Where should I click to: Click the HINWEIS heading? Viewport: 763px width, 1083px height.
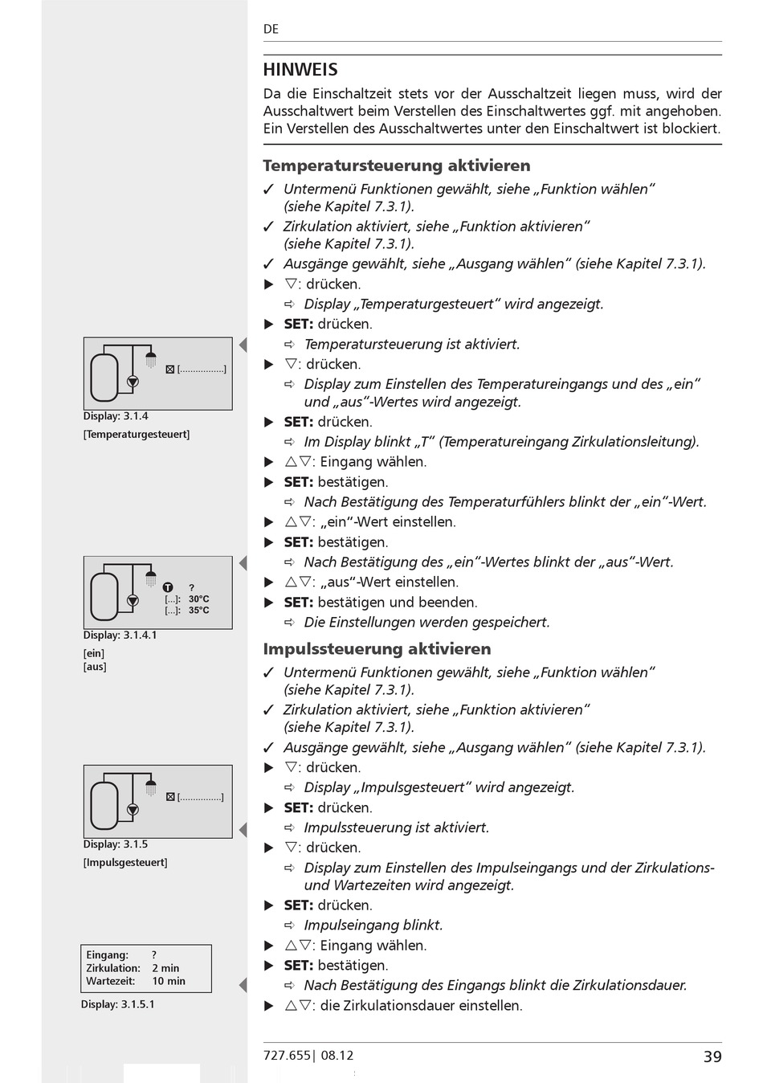tap(300, 70)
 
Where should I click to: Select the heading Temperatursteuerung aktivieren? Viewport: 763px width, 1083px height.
tap(396, 166)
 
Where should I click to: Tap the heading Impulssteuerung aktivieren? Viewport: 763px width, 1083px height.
tap(377, 648)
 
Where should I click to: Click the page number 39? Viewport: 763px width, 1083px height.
tap(712, 1056)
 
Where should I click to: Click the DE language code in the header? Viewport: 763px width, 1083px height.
tap(271, 29)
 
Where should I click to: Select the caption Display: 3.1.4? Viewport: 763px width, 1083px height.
tap(116, 416)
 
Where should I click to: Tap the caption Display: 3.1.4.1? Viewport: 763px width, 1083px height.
tap(120, 635)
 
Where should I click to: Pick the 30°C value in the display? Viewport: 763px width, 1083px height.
tap(198, 599)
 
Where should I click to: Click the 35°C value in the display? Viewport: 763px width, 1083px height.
tap(198, 611)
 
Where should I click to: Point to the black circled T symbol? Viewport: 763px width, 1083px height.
tap(168, 587)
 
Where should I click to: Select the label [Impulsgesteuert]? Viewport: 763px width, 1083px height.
tap(125, 862)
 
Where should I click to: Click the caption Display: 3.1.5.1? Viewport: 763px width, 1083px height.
tap(117, 1004)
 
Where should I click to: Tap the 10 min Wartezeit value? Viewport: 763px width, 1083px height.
tap(169, 981)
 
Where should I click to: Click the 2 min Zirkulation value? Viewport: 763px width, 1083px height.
tap(165, 968)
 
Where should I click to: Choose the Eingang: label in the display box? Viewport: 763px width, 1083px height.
tap(107, 955)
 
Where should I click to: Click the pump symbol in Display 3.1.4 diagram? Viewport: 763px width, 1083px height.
tap(133, 382)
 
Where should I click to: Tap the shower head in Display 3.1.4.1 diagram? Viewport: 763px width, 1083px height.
tap(150, 577)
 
